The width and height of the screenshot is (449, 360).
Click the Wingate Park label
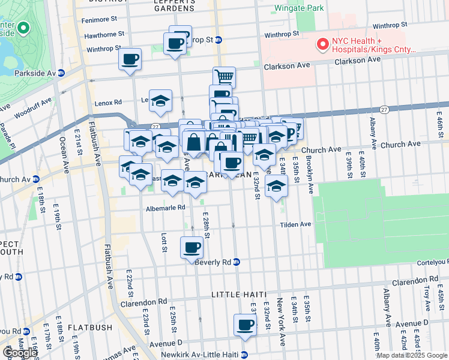tap(298, 8)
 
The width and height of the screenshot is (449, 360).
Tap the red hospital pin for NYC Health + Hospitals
tap(323, 44)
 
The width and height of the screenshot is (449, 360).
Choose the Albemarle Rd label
tap(166, 209)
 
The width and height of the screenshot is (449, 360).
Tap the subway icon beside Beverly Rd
tap(237, 262)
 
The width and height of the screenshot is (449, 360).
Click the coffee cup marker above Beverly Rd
tap(192, 247)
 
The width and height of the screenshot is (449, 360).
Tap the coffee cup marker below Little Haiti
tap(244, 325)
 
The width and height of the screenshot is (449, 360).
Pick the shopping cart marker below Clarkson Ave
tap(224, 76)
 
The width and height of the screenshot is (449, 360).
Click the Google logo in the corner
tap(20, 353)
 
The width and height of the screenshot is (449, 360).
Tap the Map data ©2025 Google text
tap(412, 355)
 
